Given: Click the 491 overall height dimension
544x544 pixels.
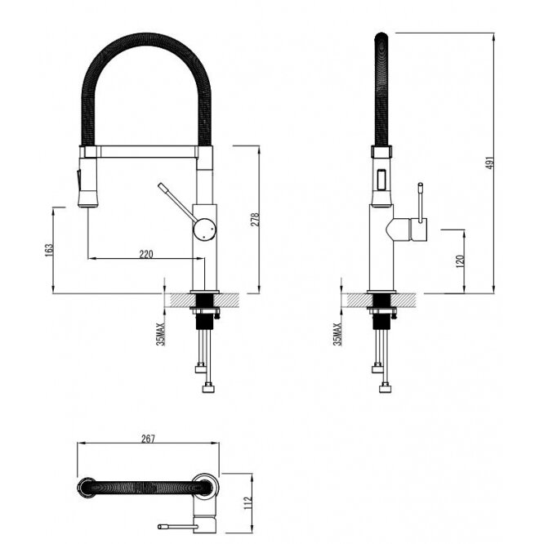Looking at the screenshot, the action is (489, 163).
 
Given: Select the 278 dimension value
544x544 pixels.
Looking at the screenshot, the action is (255, 219).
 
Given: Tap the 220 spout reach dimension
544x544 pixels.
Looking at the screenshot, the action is (146, 254).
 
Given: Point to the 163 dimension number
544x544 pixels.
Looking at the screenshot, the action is (49, 250).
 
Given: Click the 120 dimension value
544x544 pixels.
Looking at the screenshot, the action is (460, 261).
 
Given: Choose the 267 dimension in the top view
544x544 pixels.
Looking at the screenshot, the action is (148, 439).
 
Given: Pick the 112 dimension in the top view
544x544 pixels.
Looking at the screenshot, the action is (247, 503).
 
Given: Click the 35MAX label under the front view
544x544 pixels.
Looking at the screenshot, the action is (160, 334).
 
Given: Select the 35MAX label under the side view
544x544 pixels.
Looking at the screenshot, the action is (337, 334).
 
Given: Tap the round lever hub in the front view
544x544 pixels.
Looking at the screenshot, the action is (204, 229).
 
